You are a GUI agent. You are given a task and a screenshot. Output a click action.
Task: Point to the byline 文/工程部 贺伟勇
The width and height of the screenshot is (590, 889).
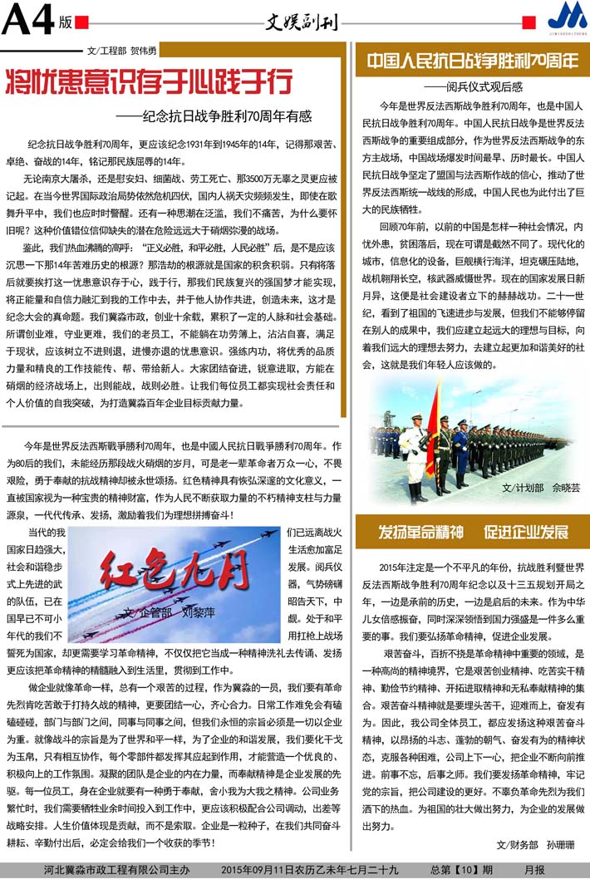click(x=121, y=51)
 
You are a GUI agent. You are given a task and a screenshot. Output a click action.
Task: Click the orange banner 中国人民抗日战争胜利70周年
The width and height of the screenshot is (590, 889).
click(x=472, y=61)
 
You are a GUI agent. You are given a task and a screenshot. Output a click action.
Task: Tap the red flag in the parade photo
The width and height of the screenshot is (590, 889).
click(x=432, y=432)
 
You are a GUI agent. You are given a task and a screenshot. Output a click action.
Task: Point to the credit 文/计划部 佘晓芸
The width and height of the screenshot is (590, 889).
click(x=541, y=488)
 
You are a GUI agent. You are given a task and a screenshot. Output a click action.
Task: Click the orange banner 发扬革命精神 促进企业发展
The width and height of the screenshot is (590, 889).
click(x=472, y=532)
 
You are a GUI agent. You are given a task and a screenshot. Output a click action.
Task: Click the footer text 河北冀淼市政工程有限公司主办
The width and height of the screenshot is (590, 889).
click(x=116, y=870)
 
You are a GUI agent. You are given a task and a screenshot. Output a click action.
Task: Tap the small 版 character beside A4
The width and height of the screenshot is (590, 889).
click(x=66, y=23)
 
